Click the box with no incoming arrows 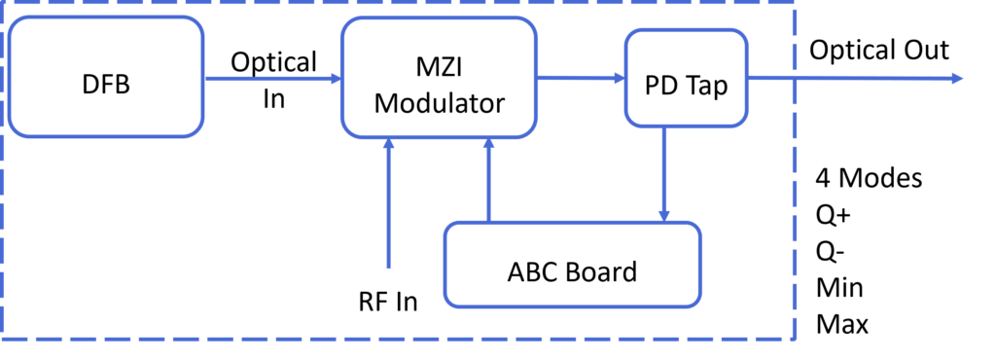coord(106,77)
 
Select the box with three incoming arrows coord(439,78)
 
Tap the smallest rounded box coord(686,78)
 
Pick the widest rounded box coord(573,265)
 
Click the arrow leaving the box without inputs coord(272,78)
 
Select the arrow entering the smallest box coord(581,78)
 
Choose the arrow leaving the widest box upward coord(489,180)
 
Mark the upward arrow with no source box coord(389,204)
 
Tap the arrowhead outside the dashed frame coord(958,78)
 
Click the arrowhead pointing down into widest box coord(664,215)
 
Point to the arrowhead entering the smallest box coord(619,78)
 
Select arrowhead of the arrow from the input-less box coord(336,78)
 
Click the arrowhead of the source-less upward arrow coord(389,144)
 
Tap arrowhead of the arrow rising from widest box coord(489,144)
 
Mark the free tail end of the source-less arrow coord(389,268)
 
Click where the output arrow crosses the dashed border coord(795,78)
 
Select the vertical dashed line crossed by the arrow coord(795,195)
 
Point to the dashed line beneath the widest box coord(573,339)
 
